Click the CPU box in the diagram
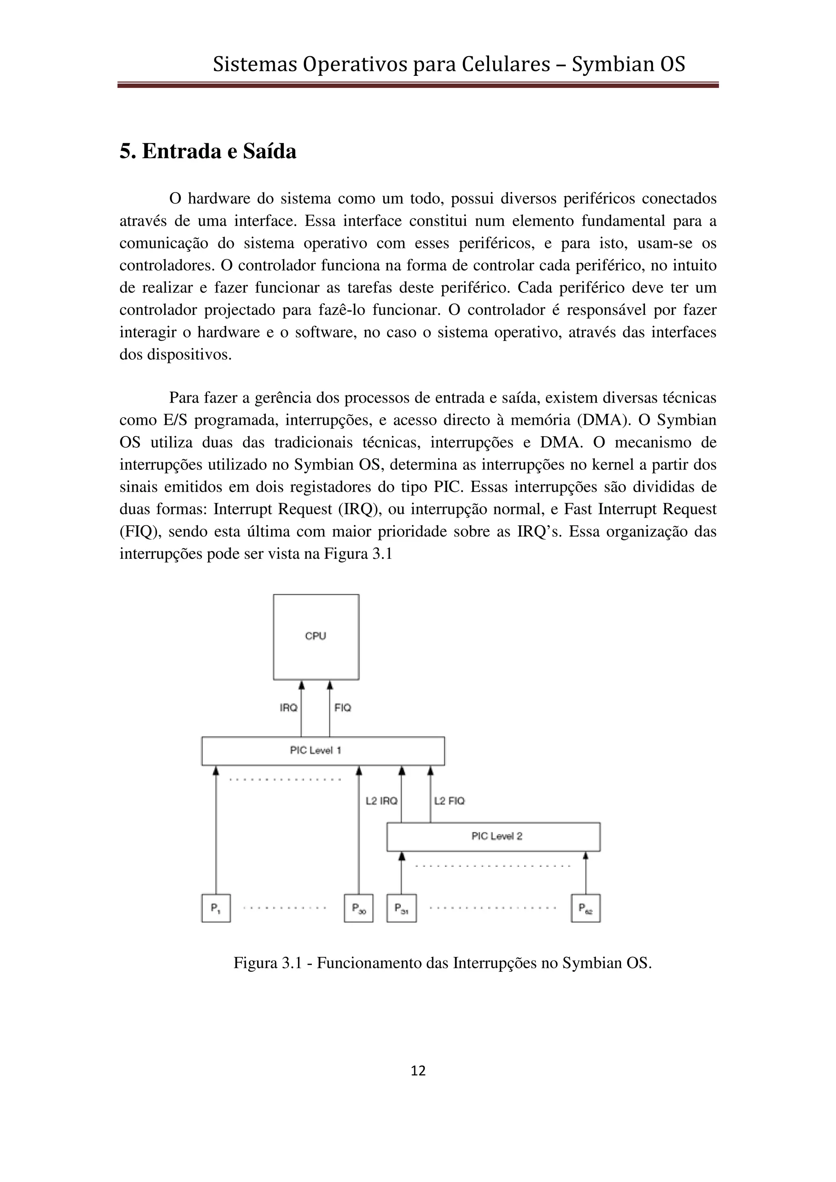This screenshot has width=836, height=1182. click(x=316, y=637)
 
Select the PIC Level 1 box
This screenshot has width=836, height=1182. click(x=323, y=750)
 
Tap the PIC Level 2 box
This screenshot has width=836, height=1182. click(x=493, y=837)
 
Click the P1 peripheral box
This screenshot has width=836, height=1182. click(x=216, y=909)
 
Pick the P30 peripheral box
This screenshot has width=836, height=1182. click(x=358, y=909)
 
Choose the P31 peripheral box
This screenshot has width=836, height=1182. click(x=401, y=909)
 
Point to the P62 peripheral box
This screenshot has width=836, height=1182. click(x=586, y=909)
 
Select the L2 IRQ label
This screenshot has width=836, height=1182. click(x=381, y=801)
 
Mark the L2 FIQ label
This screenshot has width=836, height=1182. click(x=449, y=801)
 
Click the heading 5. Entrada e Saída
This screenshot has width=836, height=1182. click(x=208, y=152)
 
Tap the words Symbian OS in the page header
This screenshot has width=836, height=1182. click(x=628, y=65)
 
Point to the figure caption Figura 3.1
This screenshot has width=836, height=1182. click(x=442, y=963)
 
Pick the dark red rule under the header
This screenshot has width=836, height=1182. click(x=418, y=85)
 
